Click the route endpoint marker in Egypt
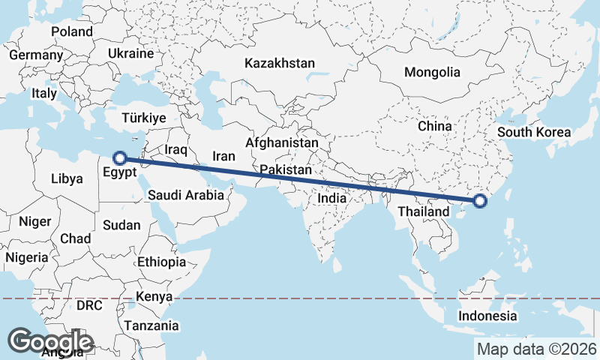119,158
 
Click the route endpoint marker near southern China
480,200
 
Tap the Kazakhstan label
279,63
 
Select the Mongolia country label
431,73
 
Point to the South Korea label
534,132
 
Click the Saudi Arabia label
185,195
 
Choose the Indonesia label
488,316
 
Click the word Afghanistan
282,142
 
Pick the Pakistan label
285,170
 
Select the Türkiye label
143,118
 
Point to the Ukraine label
130,54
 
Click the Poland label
72,31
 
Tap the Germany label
36,55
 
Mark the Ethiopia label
161,262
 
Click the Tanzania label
151,325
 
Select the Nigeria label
27,257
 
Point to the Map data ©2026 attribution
537,349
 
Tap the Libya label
67,179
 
